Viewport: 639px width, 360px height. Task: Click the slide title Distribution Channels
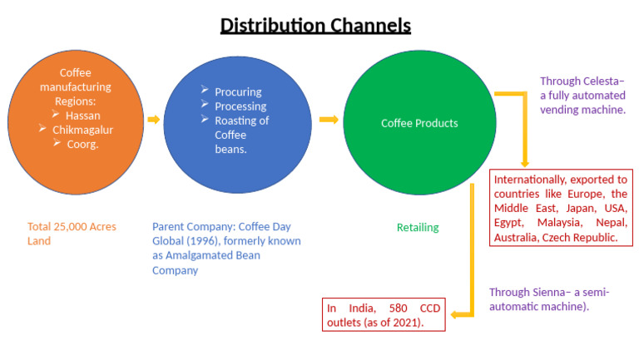[315, 26]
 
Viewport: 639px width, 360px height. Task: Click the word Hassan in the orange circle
[83, 116]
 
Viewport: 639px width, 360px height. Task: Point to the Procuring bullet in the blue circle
[237, 91]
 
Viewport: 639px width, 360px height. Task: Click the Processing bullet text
[240, 106]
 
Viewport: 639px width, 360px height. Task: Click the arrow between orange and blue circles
[153, 120]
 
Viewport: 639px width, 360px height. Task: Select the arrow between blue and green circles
[329, 120]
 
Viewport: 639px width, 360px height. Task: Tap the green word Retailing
[417, 227]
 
